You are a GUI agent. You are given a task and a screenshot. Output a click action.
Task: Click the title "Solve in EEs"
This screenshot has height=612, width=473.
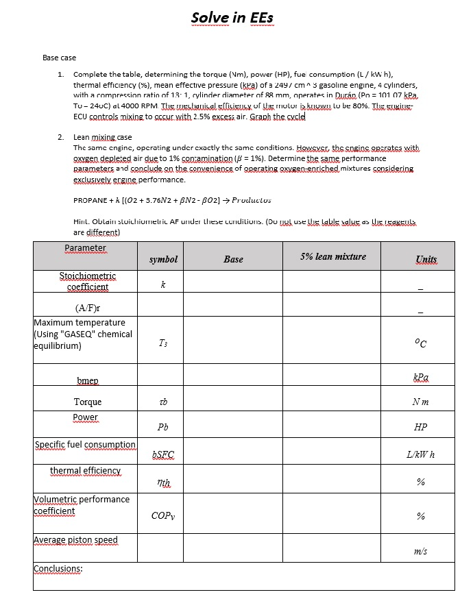tap(234, 17)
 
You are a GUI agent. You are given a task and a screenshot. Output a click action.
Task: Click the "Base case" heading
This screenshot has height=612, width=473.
tap(59, 58)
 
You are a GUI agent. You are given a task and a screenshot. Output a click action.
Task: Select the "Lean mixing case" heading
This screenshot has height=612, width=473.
tap(102, 138)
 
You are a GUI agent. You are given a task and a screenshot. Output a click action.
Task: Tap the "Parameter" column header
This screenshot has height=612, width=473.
tap(85, 248)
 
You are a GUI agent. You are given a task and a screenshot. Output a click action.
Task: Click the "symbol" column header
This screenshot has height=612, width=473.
tap(163, 259)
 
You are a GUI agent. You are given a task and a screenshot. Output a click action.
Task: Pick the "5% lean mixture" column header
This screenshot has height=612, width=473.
tap(333, 256)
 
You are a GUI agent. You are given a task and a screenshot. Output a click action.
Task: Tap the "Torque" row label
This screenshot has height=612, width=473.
tap(88, 402)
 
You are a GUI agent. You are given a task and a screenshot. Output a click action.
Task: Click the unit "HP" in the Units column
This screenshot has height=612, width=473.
tap(421, 427)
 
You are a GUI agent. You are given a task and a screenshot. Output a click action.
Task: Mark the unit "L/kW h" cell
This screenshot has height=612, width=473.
tap(421, 455)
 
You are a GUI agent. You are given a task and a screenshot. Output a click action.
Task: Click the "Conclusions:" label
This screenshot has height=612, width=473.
tap(58, 569)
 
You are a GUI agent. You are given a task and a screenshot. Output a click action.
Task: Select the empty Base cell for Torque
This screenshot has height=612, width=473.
tap(233, 402)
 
